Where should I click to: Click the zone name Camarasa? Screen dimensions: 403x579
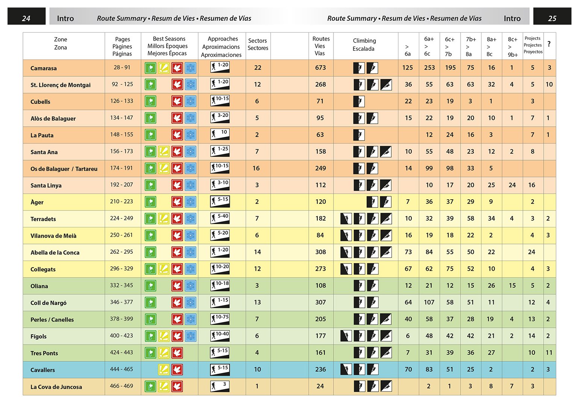[x=44, y=68]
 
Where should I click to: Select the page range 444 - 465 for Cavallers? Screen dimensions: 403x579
[x=121, y=369]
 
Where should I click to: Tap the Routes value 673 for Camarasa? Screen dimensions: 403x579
[x=320, y=68]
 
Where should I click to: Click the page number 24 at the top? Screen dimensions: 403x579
[x=26, y=18]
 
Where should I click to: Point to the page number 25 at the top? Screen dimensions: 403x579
[x=552, y=18]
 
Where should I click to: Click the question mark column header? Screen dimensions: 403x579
[x=549, y=44]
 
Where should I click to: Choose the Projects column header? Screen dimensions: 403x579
[x=533, y=45]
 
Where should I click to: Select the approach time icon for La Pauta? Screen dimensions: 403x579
[x=220, y=134]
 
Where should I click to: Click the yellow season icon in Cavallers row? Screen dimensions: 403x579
[x=164, y=370]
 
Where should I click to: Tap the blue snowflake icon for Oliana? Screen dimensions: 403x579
[x=191, y=286]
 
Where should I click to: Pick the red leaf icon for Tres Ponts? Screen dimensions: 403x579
[x=177, y=353]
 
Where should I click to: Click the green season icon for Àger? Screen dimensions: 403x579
[x=150, y=202]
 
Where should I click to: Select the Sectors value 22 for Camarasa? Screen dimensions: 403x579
[x=258, y=68]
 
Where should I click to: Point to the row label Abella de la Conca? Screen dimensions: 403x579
[x=55, y=253]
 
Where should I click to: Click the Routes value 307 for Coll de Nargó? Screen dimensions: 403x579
[x=320, y=302]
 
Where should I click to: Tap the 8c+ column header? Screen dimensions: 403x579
[x=512, y=47]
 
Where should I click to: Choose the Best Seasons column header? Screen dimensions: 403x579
[x=169, y=46]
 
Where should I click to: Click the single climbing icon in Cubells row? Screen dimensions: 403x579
[x=359, y=101]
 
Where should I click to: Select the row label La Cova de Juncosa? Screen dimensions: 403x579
[x=56, y=387]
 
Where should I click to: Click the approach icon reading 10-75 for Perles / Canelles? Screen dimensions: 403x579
[x=220, y=319]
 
